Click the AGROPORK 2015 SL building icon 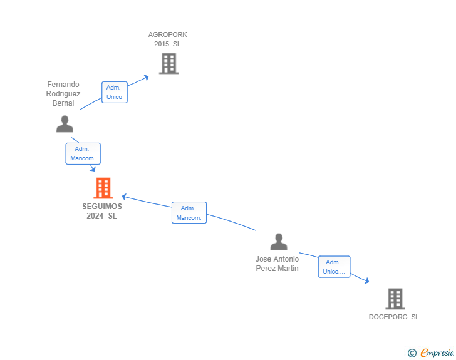click(169, 63)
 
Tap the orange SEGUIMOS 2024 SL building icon click(103, 188)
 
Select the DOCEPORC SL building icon click(395, 299)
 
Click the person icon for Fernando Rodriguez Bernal click(65, 124)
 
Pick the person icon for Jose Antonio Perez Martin click(279, 242)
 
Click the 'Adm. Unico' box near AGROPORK click(115, 92)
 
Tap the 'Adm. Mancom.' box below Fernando click(83, 153)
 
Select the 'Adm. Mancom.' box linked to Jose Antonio click(189, 213)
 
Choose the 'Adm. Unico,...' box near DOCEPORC click(334, 267)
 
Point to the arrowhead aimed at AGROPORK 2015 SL click(147, 78)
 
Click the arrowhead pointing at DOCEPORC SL click(367, 280)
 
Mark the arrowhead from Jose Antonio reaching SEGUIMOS click(124, 197)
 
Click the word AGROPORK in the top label click(168, 34)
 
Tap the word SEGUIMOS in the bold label click(102, 207)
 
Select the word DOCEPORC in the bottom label click(388, 317)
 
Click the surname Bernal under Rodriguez click(63, 103)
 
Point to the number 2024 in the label click(95, 216)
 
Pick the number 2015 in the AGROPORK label click(162, 44)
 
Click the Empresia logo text click(437, 352)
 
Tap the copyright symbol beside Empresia click(412, 353)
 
